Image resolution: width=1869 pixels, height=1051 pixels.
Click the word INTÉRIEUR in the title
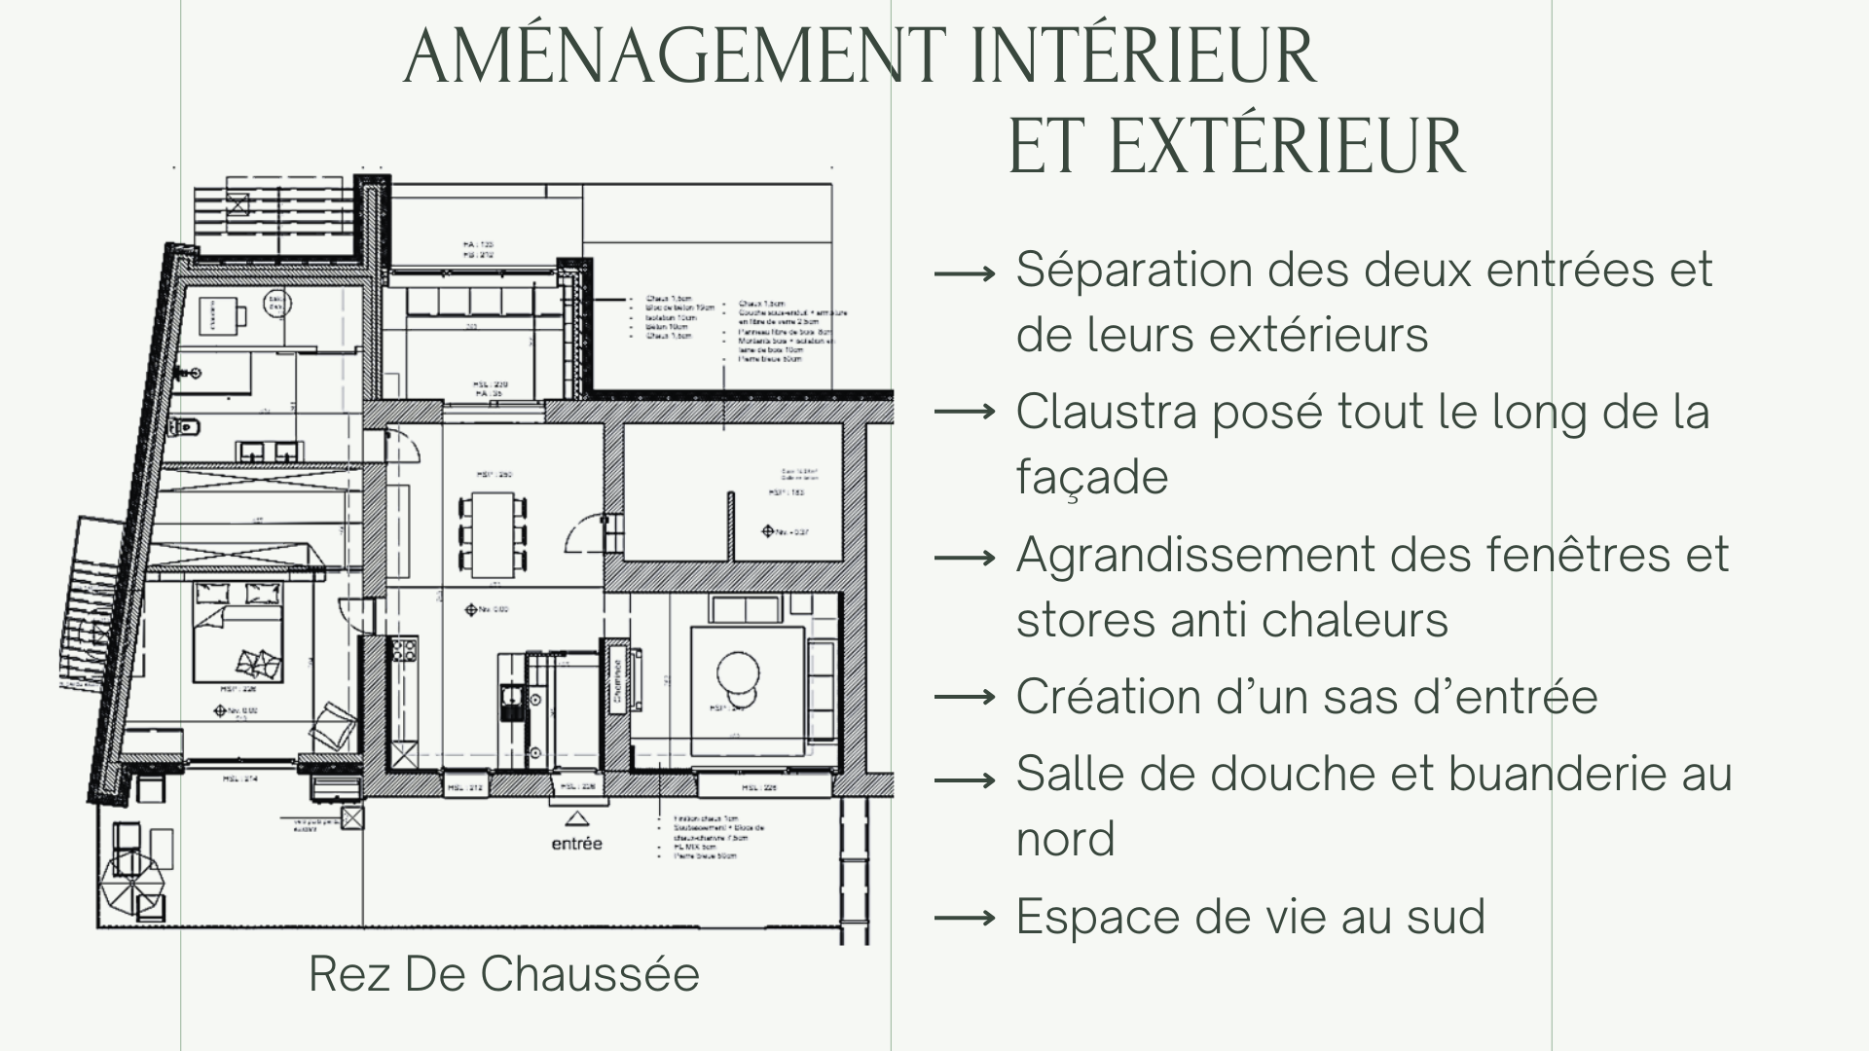[1144, 56]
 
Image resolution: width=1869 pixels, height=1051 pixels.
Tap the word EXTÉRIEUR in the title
[1286, 147]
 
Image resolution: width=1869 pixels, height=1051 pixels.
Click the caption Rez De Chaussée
[503, 974]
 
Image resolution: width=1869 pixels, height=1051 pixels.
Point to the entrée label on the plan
[576, 844]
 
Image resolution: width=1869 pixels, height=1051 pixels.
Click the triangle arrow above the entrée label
[576, 818]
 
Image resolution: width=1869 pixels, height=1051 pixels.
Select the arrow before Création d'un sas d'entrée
[964, 698]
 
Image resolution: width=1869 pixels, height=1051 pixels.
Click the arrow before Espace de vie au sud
[964, 918]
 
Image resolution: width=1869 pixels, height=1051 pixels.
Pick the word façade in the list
[1091, 478]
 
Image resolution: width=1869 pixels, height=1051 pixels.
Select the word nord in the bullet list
[1065, 840]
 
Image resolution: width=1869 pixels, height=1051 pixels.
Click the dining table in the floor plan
[493, 531]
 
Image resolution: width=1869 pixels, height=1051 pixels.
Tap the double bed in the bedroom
[238, 632]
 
